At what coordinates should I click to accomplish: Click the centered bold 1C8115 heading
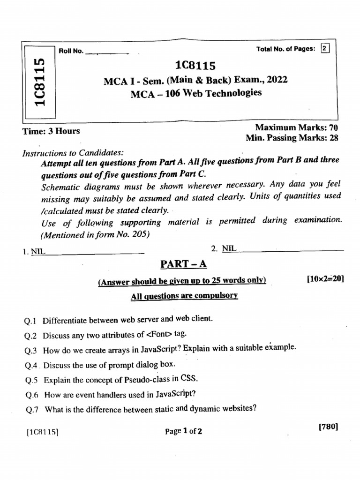(x=195, y=66)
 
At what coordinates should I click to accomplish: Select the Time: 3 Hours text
(x=52, y=131)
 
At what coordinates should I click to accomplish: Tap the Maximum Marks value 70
(x=334, y=127)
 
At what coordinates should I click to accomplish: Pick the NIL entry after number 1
(x=38, y=252)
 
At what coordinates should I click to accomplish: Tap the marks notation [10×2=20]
(x=325, y=279)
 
